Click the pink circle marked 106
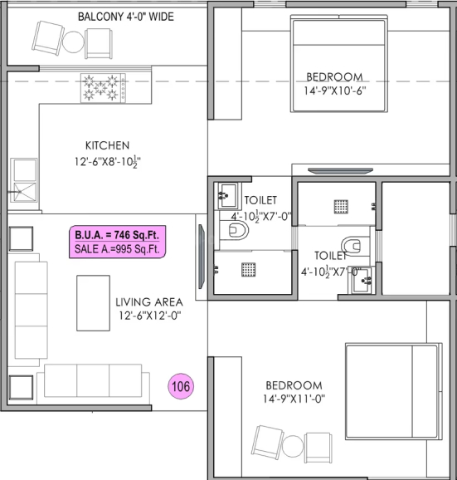click(x=181, y=386)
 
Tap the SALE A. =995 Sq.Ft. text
click(x=119, y=248)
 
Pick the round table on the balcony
click(x=75, y=41)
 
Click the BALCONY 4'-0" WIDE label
click(x=125, y=17)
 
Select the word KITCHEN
click(x=107, y=144)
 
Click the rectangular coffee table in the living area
click(x=93, y=303)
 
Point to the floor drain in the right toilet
click(x=340, y=206)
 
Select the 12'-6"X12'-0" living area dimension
click(x=149, y=316)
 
